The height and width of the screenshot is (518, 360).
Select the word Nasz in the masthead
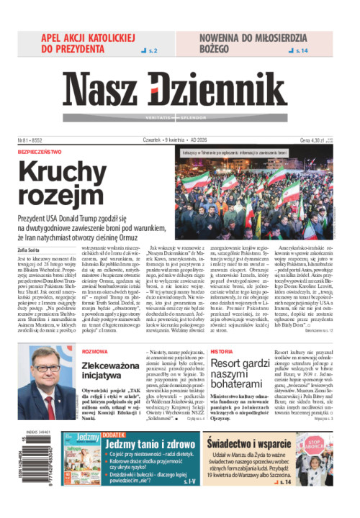(107, 91)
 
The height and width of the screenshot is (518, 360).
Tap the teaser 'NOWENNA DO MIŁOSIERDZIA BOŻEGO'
(236, 43)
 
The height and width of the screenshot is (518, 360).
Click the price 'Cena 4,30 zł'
(313, 140)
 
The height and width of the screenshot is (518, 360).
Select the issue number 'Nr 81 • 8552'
(30, 140)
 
